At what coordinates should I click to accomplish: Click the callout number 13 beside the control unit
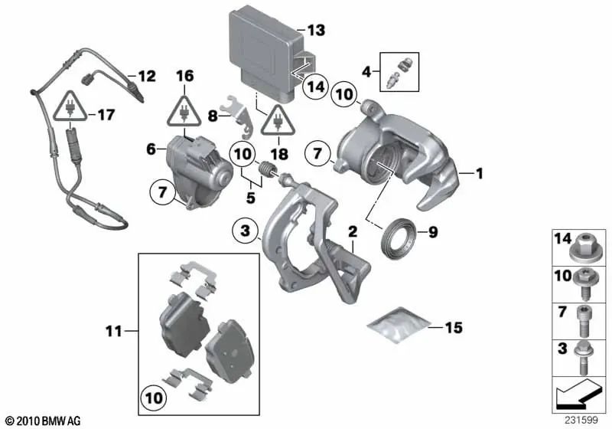316,31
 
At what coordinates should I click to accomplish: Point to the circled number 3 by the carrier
243,230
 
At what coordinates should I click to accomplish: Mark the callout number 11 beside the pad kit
114,331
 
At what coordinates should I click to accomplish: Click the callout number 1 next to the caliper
480,175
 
